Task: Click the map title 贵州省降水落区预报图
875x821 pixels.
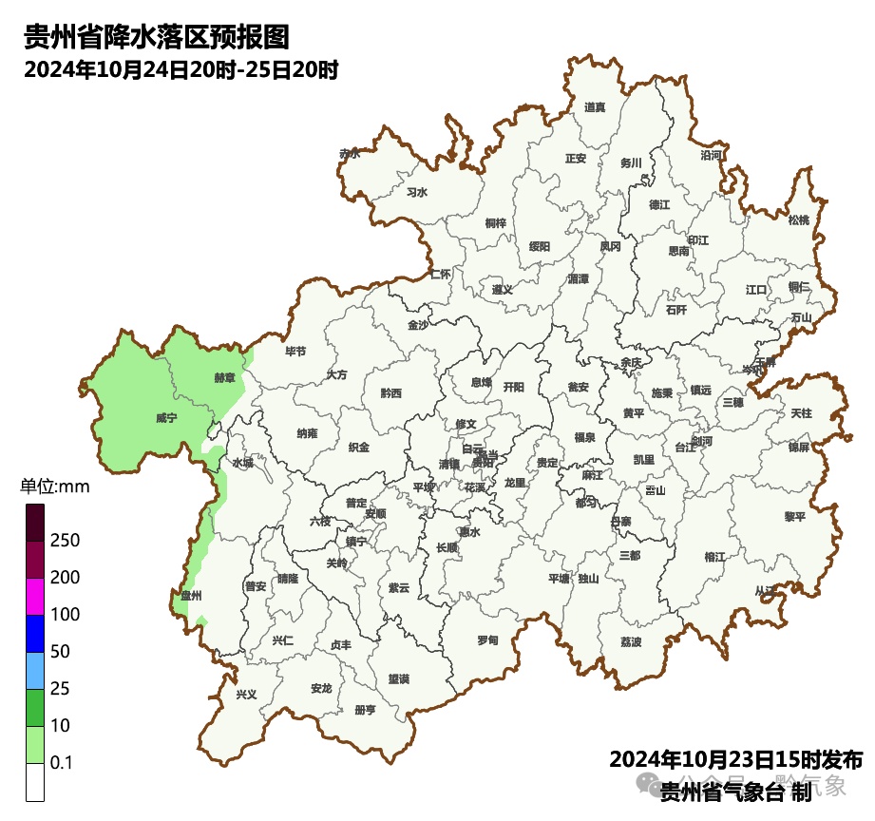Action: [x=156, y=38]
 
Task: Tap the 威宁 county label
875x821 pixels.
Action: [x=166, y=417]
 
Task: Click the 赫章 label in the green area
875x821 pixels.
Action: [x=224, y=377]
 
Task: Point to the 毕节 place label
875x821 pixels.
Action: [x=295, y=352]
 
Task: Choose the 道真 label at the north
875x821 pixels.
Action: [x=595, y=107]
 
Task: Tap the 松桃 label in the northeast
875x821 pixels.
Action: [x=799, y=220]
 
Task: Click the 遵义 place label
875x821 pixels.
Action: [x=502, y=290]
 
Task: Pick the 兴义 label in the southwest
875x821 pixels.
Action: [x=246, y=695]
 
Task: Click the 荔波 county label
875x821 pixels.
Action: [x=631, y=642]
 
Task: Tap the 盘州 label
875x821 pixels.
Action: [x=191, y=596]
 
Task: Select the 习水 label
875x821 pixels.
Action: [x=417, y=192]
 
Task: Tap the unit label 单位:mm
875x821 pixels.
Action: [x=55, y=487]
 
